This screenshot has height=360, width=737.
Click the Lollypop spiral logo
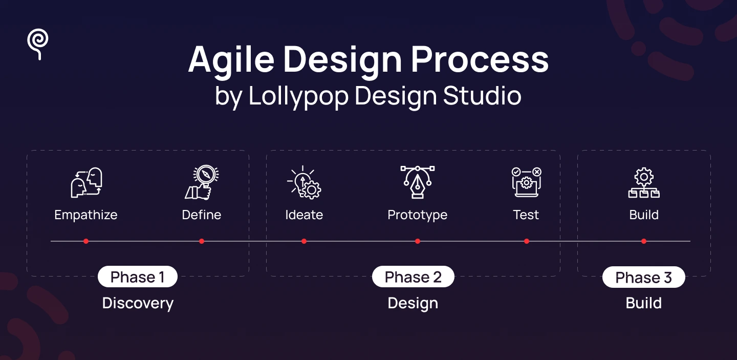pyautogui.click(x=38, y=44)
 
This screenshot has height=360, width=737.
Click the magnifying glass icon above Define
pyautogui.click(x=202, y=182)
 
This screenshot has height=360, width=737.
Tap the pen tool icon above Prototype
pyautogui.click(x=417, y=182)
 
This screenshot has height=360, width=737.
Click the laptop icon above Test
pyautogui.click(x=526, y=182)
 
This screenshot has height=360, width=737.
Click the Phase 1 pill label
pyautogui.click(x=138, y=277)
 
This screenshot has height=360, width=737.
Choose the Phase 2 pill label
pyautogui.click(x=413, y=277)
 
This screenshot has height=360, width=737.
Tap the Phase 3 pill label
pyautogui.click(x=643, y=278)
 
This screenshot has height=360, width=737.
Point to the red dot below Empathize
pyautogui.click(x=86, y=241)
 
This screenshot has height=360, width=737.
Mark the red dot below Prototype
pyautogui.click(x=418, y=241)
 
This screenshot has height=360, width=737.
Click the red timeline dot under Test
pyautogui.click(x=527, y=241)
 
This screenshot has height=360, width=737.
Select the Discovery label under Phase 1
pyautogui.click(x=138, y=303)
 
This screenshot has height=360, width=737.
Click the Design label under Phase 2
pyautogui.click(x=413, y=303)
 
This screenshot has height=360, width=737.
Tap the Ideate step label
pyautogui.click(x=304, y=215)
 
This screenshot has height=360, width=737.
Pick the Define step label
pyautogui.click(x=202, y=215)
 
